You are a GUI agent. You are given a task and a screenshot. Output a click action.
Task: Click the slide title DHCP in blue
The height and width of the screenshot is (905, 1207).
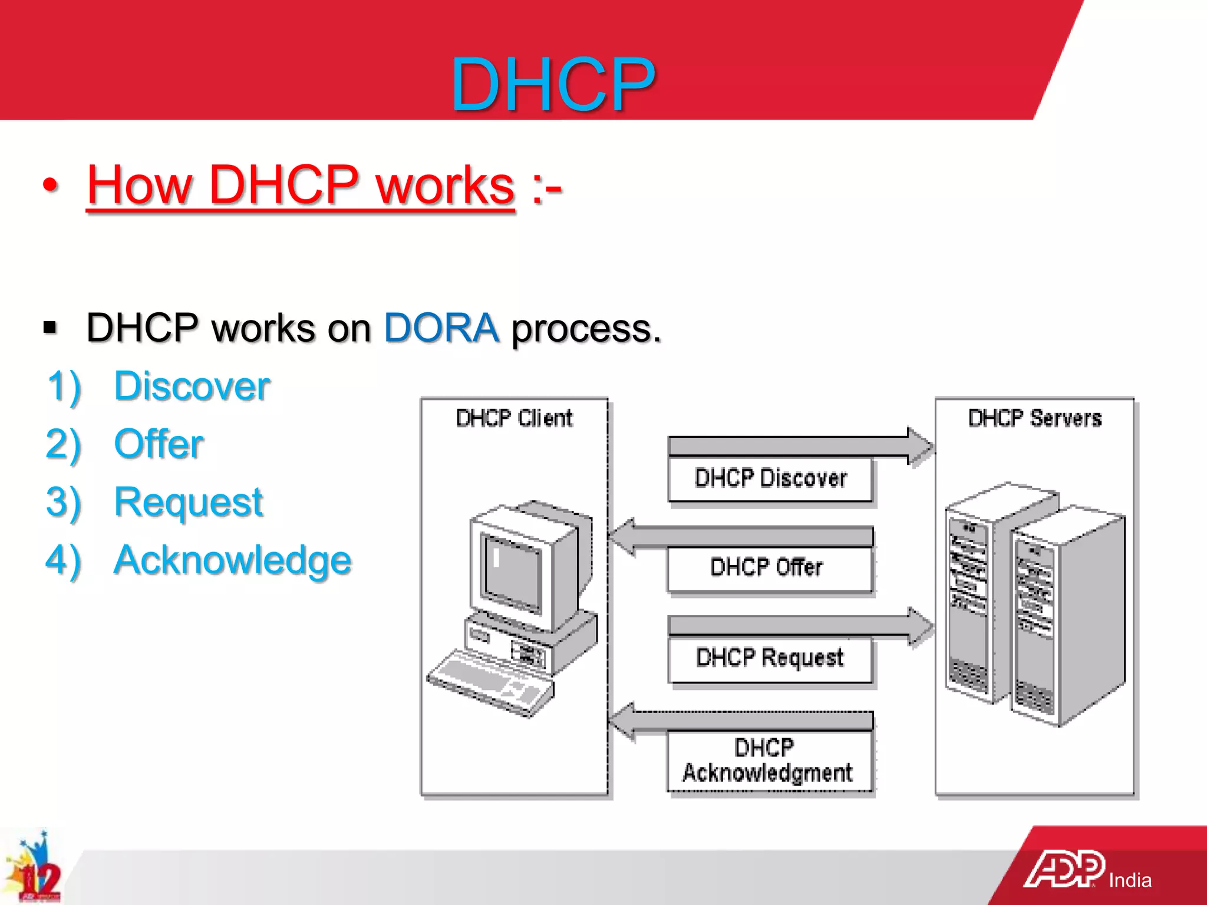pyautogui.click(x=553, y=84)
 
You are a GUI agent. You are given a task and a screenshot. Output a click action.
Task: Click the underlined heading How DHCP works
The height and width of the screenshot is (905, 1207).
pyautogui.click(x=301, y=186)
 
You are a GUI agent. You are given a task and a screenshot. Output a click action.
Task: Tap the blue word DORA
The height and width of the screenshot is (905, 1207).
pyautogui.click(x=441, y=328)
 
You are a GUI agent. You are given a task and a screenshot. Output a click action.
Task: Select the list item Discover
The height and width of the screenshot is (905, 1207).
pyautogui.click(x=192, y=387)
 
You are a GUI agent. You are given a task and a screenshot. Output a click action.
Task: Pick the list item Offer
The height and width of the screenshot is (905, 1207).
pyautogui.click(x=159, y=444)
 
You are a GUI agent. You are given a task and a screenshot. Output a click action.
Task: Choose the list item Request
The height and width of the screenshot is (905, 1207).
pyautogui.click(x=188, y=502)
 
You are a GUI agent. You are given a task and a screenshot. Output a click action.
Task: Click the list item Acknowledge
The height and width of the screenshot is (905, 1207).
pyautogui.click(x=232, y=560)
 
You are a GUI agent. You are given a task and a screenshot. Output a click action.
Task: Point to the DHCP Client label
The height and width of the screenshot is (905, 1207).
pyautogui.click(x=514, y=418)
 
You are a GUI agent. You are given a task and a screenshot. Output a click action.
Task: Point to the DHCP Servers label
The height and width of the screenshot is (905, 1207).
pyautogui.click(x=1034, y=418)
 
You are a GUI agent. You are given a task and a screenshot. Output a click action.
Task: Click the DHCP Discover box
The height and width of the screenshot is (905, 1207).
pyautogui.click(x=770, y=478)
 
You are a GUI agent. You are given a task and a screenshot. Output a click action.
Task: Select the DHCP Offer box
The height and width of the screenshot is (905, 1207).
pyautogui.click(x=766, y=567)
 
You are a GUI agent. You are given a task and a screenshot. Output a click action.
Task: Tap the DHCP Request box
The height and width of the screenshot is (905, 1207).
pyautogui.click(x=769, y=658)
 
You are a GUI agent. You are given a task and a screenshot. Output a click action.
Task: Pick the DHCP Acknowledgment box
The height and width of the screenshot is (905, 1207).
pyautogui.click(x=767, y=761)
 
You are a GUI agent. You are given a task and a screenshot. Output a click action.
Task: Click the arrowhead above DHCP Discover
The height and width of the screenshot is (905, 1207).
pyautogui.click(x=919, y=446)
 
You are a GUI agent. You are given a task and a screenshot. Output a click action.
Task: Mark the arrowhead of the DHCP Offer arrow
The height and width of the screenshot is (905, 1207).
pyautogui.click(x=624, y=537)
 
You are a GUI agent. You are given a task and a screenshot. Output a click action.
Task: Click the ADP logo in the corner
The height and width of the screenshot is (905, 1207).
pyautogui.click(x=1064, y=870)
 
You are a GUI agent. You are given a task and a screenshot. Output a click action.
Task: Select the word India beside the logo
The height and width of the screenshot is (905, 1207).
pyautogui.click(x=1130, y=880)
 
